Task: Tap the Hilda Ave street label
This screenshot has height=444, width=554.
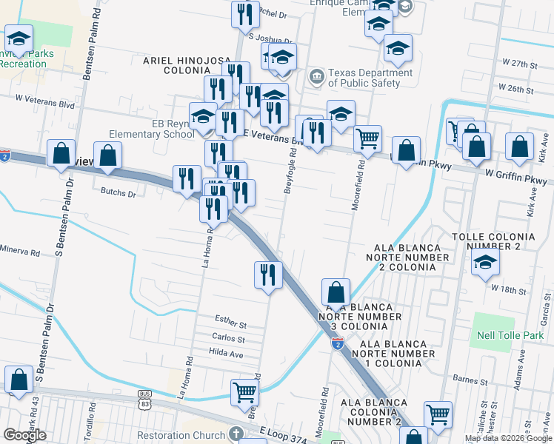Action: pyautogui.click(x=226, y=354)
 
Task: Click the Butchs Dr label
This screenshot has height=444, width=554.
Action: pyautogui.click(x=118, y=194)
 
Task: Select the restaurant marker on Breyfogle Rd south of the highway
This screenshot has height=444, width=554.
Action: pyautogui.click(x=268, y=275)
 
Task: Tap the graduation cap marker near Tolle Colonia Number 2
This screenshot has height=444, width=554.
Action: pyautogui.click(x=485, y=262)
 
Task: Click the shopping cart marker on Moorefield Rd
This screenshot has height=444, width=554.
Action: pyautogui.click(x=367, y=138)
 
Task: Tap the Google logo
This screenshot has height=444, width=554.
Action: pyautogui.click(x=25, y=435)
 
